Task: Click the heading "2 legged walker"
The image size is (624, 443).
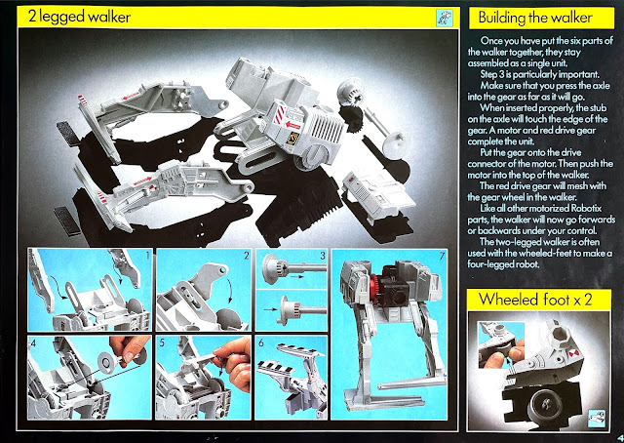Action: click(79, 17)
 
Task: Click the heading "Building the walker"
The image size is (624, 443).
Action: click(535, 18)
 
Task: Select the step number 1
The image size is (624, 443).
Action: click(148, 255)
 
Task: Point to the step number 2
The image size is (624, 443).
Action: click(247, 255)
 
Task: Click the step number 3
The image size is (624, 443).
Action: click(323, 255)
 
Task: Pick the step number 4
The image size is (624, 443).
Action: click(33, 342)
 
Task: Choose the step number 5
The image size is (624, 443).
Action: click(162, 342)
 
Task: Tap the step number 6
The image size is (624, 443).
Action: click(260, 342)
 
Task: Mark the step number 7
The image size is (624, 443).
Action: click(442, 257)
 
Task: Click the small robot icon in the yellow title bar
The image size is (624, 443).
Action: click(445, 18)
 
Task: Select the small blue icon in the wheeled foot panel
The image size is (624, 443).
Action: click(596, 418)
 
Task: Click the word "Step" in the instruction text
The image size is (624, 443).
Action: click(487, 74)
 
